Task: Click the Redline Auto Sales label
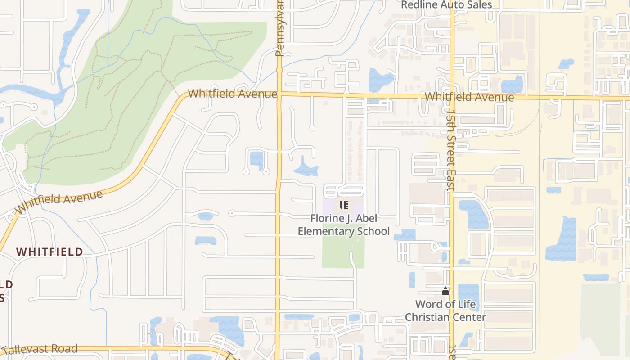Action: pyautogui.click(x=446, y=5)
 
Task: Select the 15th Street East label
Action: pyautogui.click(x=451, y=148)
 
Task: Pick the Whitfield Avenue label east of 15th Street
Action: pyautogui.click(x=469, y=97)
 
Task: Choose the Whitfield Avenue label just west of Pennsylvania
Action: pyautogui.click(x=232, y=94)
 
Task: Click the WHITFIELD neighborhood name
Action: pyautogui.click(x=50, y=252)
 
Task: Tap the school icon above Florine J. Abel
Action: pyautogui.click(x=344, y=206)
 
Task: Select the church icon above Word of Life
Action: pyautogui.click(x=445, y=292)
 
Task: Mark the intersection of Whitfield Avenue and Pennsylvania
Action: pyautogui.click(x=279, y=94)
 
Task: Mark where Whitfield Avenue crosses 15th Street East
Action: pyautogui.click(x=452, y=96)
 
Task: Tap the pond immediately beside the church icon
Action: pyautogui.click(x=468, y=292)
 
